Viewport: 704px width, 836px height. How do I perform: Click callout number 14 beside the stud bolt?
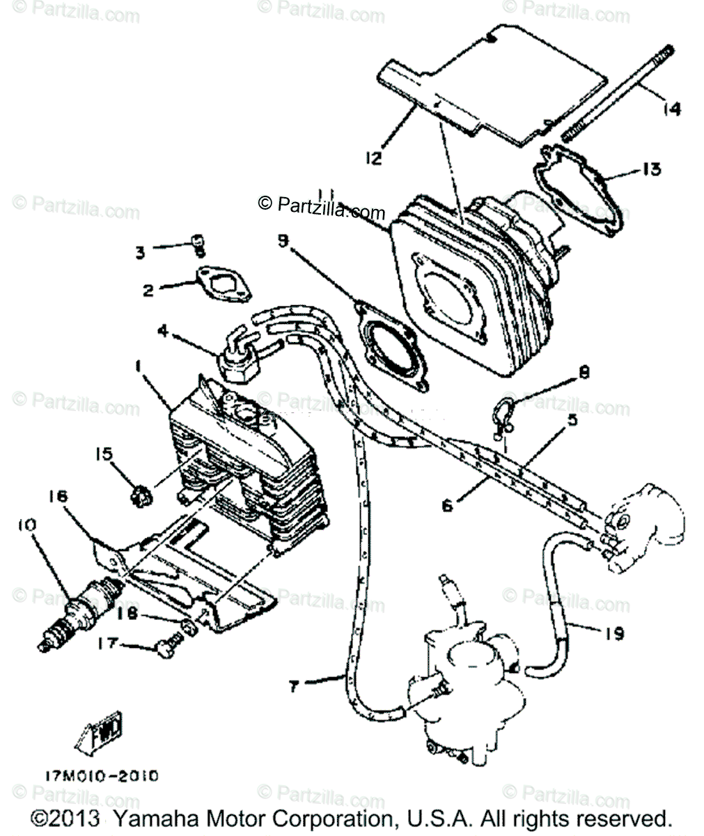(x=672, y=109)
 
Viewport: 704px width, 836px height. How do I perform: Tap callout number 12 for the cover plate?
(x=374, y=158)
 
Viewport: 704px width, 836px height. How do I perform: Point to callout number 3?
(x=140, y=251)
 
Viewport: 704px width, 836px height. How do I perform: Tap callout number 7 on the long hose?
(x=294, y=686)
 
